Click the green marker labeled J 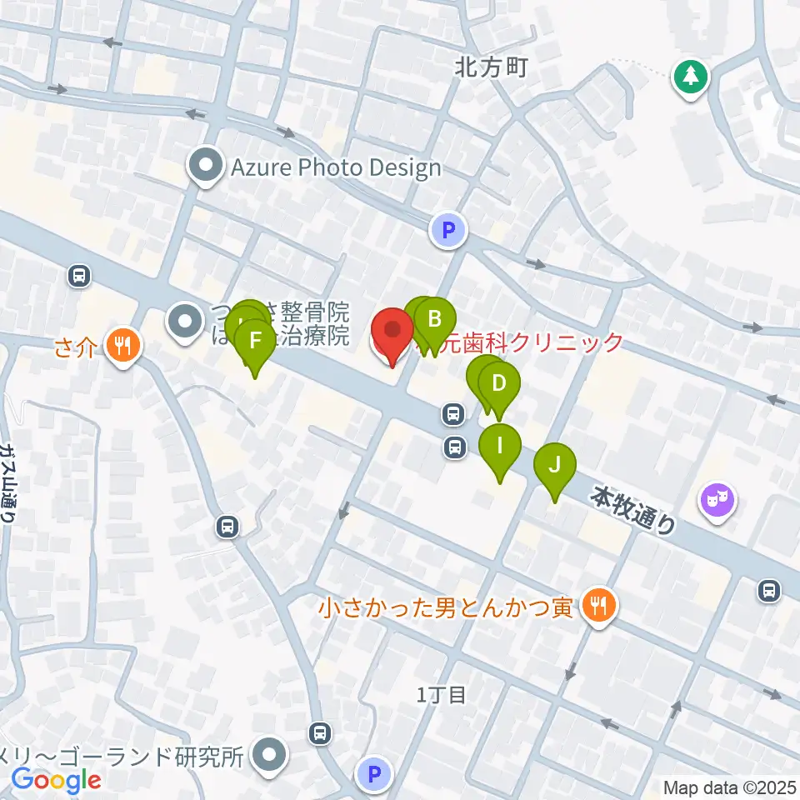(555, 463)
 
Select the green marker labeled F (255, 341)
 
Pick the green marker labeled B (434, 319)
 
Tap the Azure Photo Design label (336, 168)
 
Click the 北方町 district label (492, 68)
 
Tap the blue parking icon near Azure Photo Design (448, 230)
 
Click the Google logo (56, 781)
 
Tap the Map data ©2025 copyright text (728, 787)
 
